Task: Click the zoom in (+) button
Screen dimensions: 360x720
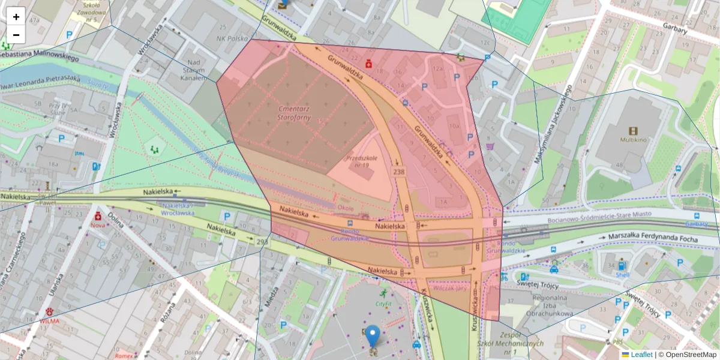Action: tap(16, 17)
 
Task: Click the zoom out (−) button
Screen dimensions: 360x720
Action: tap(16, 35)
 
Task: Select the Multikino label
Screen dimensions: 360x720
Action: tap(634, 140)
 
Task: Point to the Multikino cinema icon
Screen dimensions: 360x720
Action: tap(634, 130)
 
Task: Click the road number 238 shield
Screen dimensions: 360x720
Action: tap(399, 172)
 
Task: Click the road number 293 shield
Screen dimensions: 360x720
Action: tap(262, 242)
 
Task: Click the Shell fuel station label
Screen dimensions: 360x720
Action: tap(622, 274)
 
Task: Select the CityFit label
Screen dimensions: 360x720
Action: tap(383, 304)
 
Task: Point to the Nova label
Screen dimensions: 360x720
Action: tap(98, 225)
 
